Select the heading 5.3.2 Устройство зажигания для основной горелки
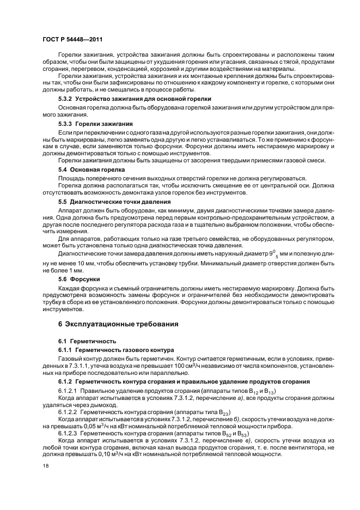coord(135,98)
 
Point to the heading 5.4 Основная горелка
coord(89,170)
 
